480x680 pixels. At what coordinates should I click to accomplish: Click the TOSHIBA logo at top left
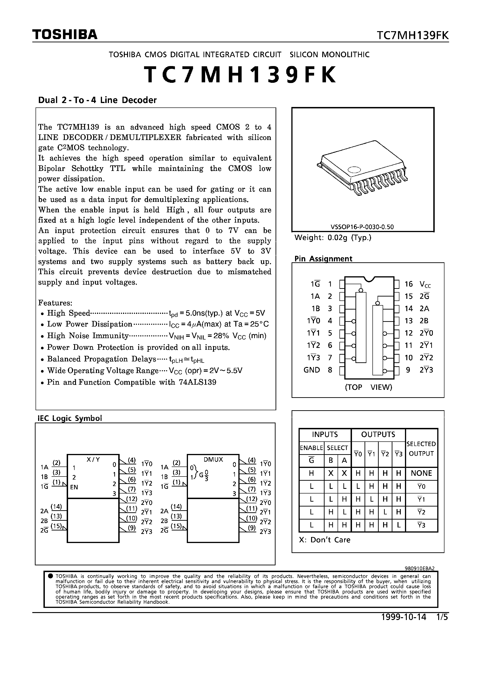pyautogui.click(x=65, y=35)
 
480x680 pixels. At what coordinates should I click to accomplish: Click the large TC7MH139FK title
pyautogui.click(x=240, y=75)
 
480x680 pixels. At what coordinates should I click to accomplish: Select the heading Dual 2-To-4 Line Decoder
pyautogui.click(x=97, y=100)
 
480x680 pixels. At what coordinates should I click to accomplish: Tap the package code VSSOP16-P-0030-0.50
pyautogui.click(x=362, y=227)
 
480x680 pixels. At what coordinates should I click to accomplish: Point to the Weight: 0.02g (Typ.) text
pyautogui.click(x=333, y=237)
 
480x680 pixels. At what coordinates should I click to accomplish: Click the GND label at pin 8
pyautogui.click(x=312, y=370)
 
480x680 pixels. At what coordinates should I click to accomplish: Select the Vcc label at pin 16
pyautogui.click(x=425, y=284)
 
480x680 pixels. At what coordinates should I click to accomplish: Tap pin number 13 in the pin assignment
pyautogui.click(x=408, y=321)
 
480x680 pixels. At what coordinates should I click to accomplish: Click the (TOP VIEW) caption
pyautogui.click(x=368, y=387)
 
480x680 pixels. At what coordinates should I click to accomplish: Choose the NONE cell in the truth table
pyautogui.click(x=421, y=473)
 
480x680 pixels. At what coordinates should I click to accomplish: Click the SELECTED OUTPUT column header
pyautogui.click(x=421, y=449)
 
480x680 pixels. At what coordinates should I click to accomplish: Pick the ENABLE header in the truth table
pyautogui.click(x=311, y=448)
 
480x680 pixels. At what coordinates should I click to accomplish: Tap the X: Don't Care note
pyautogui.click(x=324, y=540)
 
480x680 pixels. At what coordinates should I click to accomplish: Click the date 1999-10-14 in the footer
pyautogui.click(x=404, y=617)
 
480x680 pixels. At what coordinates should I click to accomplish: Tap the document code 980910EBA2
pyautogui.click(x=419, y=568)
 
